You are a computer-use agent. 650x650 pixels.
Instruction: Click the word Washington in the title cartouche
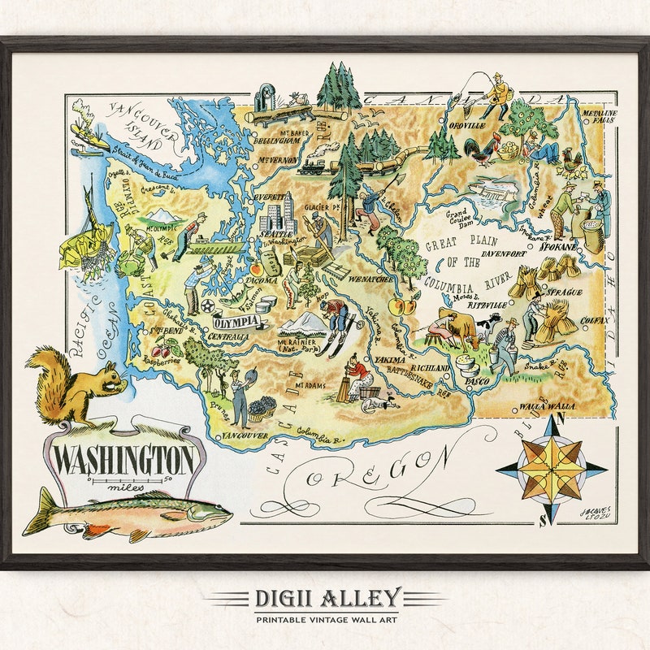tap(124, 461)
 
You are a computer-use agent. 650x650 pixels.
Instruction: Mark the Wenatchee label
tap(373, 279)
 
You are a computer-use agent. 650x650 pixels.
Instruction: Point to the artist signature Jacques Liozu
tap(596, 516)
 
